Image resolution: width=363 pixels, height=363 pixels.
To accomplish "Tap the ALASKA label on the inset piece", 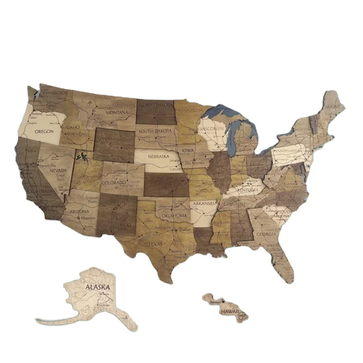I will pos(98,287).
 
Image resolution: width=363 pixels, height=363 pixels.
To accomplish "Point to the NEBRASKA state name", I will pos(159,156).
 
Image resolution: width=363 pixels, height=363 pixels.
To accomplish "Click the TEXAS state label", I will pos(155,244).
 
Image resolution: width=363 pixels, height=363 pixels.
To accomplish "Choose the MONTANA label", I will pos(117,113).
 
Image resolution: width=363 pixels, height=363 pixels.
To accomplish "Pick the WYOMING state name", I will pos(109,139).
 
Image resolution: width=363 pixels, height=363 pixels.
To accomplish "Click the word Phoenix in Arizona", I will pos(88,218).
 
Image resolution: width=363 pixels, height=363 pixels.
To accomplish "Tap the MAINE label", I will pos(332,107).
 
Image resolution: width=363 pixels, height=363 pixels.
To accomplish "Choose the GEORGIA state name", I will pos(266,234).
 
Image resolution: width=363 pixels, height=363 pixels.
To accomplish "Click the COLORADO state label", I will pos(113,183).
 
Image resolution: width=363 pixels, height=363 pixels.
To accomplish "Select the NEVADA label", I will pos(58,170).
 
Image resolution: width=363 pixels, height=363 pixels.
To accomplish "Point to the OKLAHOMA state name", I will pos(174,216).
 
